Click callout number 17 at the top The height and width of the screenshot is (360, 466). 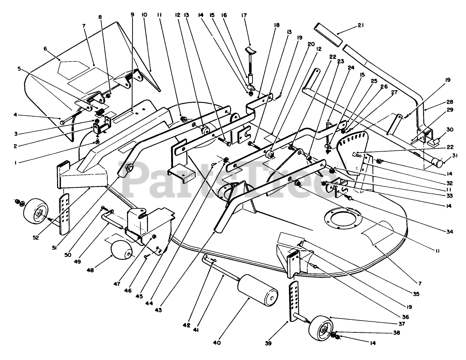[x=244, y=15]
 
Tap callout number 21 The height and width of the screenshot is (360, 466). [x=361, y=25]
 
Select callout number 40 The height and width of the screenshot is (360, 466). [x=217, y=343]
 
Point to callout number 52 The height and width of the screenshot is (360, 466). [x=36, y=237]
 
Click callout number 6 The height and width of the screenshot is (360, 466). [x=45, y=49]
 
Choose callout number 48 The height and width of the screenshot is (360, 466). [x=90, y=270]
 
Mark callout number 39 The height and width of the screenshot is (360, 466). [x=268, y=343]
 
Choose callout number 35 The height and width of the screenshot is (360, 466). [x=416, y=294]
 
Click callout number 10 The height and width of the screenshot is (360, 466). [x=144, y=15]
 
